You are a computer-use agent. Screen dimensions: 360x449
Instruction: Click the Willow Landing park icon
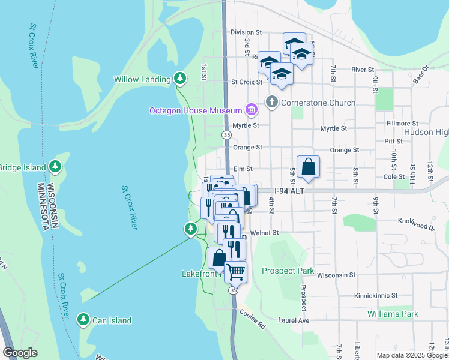tap(179, 78)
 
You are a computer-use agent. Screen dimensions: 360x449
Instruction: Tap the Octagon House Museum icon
tap(251, 110)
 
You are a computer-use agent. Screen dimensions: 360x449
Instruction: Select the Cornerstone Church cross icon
tap(272, 102)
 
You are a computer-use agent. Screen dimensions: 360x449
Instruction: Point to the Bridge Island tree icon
tap(55, 166)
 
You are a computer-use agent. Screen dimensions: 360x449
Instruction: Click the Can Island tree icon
tap(83, 320)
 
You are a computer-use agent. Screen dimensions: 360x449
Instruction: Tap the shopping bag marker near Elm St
tap(308, 166)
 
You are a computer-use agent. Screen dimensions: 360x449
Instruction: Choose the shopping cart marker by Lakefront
tap(235, 271)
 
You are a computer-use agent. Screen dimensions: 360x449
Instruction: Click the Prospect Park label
tap(288, 271)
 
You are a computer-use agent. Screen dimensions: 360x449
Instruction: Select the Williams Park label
tap(393, 314)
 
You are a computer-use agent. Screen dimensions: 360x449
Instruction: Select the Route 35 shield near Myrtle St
tap(226, 136)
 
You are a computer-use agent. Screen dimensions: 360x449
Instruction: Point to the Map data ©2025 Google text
tap(411, 355)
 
